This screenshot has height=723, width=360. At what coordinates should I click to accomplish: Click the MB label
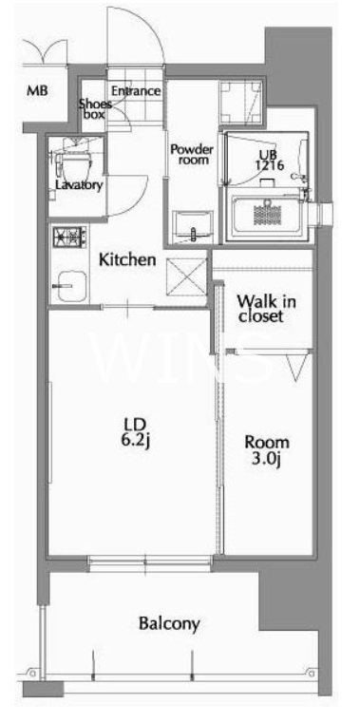pos(38,90)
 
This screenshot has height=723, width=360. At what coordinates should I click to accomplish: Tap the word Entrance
pos(136,91)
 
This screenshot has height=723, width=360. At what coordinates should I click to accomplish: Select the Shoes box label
pos(94,109)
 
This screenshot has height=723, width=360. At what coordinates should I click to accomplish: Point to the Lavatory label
pos(78,185)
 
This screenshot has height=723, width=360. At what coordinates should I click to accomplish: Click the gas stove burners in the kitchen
pos(70,238)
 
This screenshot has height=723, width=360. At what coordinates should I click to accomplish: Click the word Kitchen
pos(127,260)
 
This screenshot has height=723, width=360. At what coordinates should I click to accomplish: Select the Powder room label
pos(192,155)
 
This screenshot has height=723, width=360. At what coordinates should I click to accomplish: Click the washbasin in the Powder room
pos(193,227)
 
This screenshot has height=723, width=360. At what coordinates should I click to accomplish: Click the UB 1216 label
pos(264,159)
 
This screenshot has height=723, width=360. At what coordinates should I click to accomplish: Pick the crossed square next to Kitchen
pos(187,276)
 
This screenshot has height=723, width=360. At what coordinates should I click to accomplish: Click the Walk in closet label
pos(266,309)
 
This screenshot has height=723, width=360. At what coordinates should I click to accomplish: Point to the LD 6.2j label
pos(135,432)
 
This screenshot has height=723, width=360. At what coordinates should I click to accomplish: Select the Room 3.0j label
pos(267,450)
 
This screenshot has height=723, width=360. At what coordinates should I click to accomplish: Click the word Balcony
pos(169,624)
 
